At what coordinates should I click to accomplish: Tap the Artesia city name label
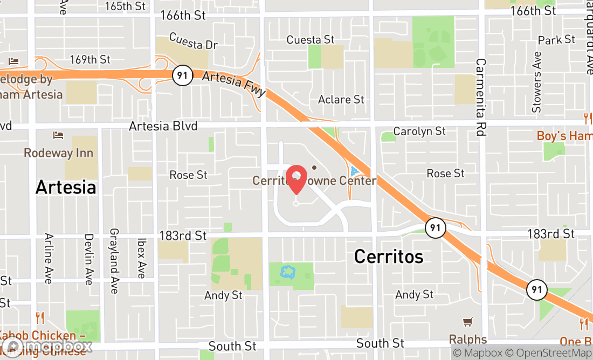pos(66,188)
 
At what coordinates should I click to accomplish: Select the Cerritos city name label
pos(388,257)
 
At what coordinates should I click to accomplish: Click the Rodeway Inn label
pos(58,153)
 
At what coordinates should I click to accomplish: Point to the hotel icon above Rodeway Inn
pos(58,135)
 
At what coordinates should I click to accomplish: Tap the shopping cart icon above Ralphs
pos(468,322)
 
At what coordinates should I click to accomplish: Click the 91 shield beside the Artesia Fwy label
pos(183,75)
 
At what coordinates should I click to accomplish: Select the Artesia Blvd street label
pos(163,126)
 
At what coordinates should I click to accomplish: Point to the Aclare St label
pos(341,100)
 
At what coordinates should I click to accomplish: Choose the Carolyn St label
pos(419,131)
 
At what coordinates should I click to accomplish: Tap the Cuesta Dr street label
pos(193,41)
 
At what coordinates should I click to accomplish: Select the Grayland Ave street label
pos(114,261)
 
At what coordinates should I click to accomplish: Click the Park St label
pos(557,40)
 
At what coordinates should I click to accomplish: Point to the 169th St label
pos(90,59)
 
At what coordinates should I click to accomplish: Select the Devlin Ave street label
pos(88,259)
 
